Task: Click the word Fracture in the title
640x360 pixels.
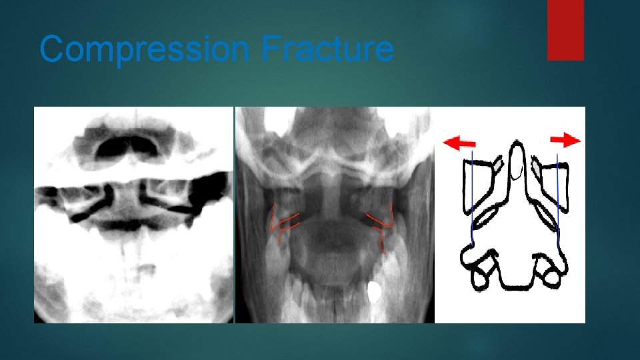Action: pos(327,49)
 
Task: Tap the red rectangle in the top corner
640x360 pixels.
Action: pos(565,29)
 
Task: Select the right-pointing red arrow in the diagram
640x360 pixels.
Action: pos(566,140)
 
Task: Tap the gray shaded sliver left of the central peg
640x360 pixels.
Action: pos(499,163)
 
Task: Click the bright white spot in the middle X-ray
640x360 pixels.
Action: pos(375,291)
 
